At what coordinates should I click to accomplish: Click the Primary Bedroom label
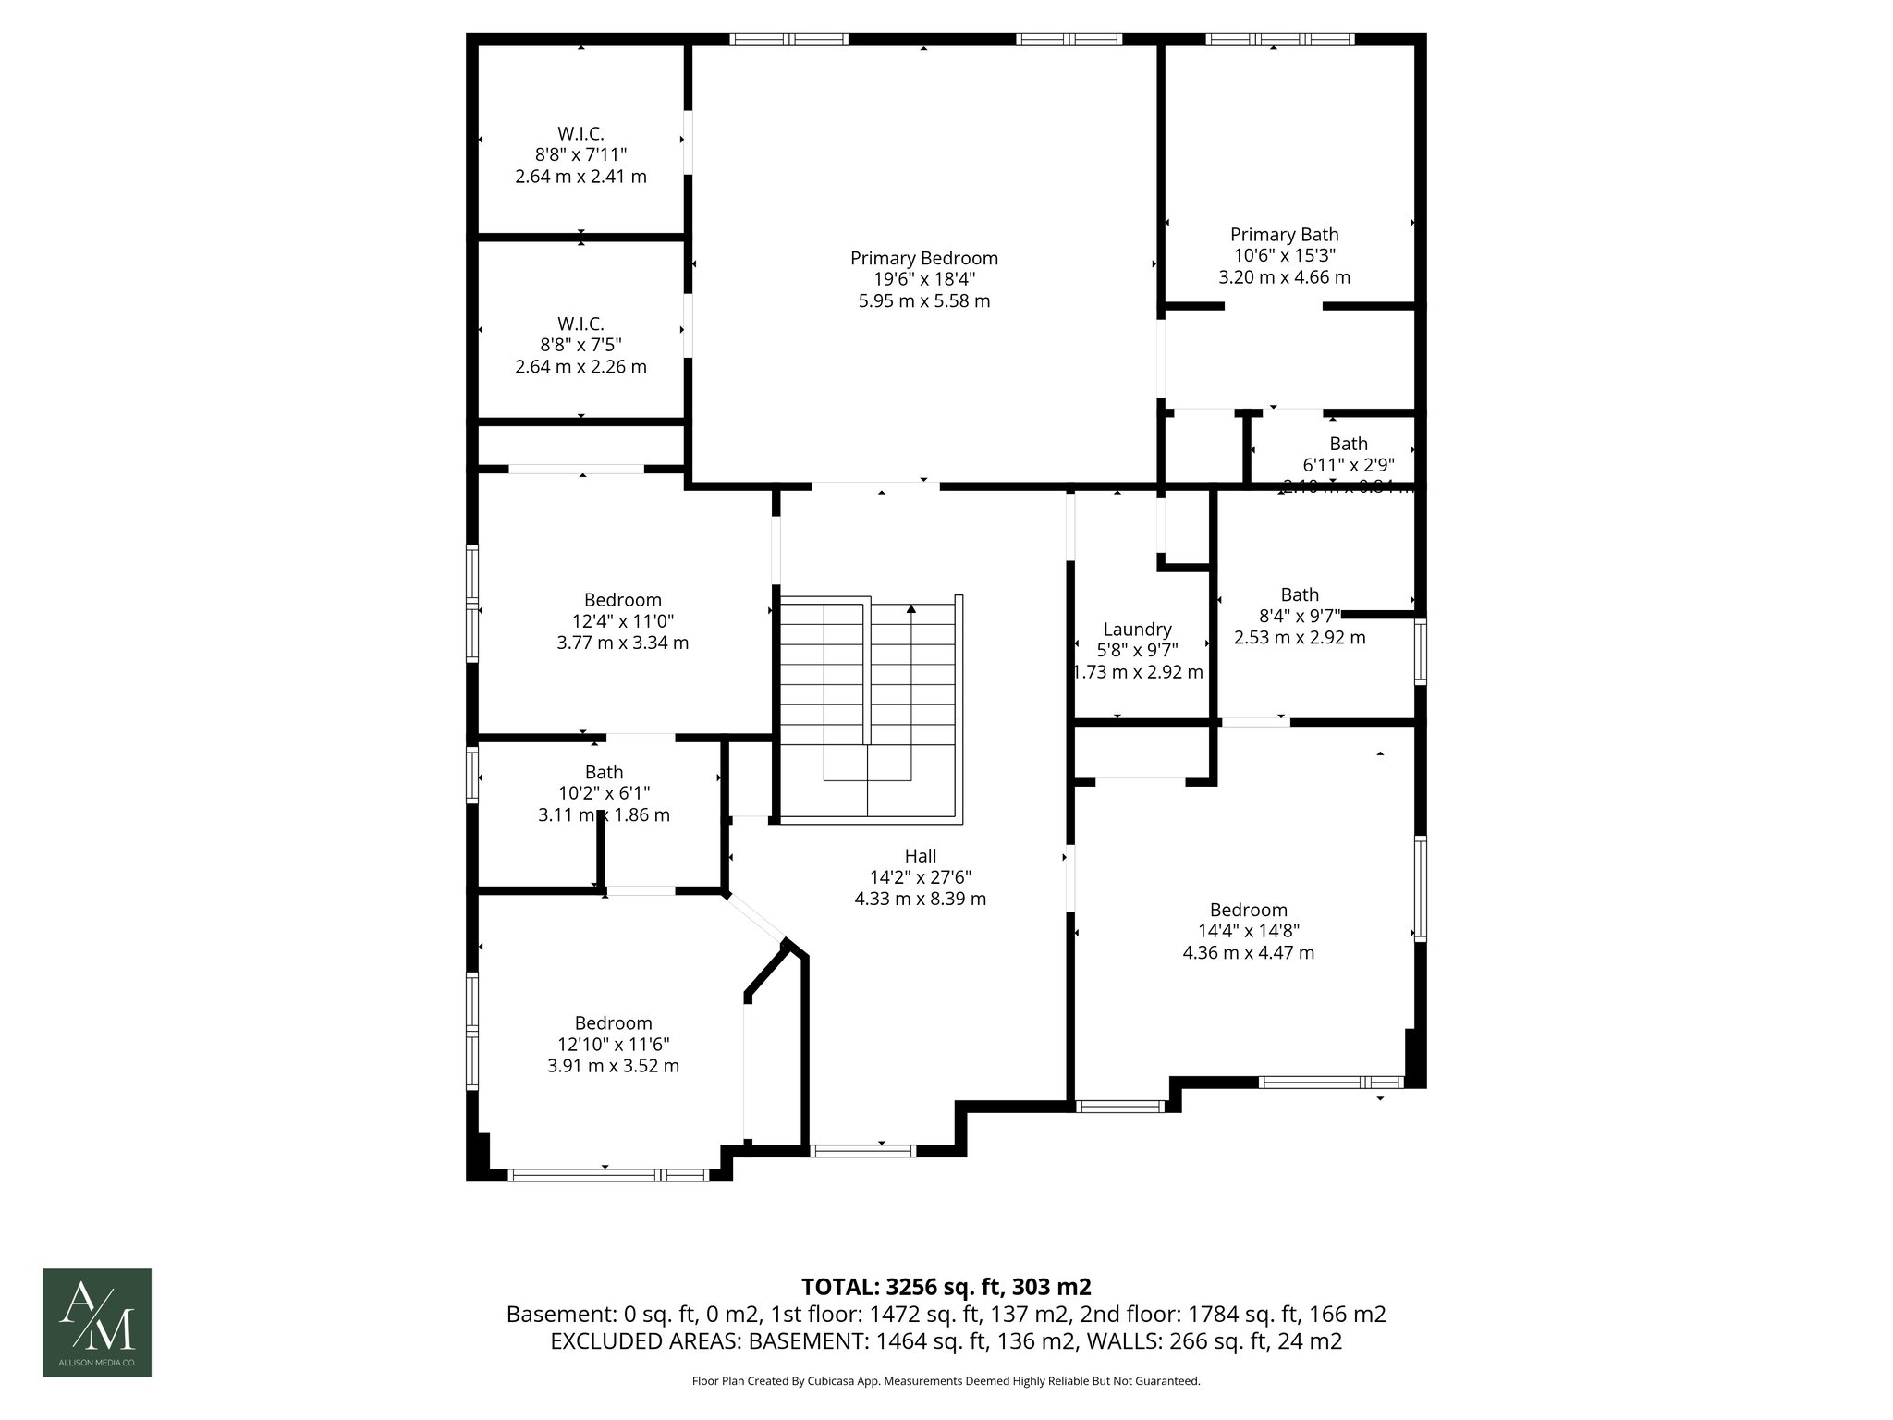coord(923,258)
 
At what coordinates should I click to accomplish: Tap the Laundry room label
coord(1137,630)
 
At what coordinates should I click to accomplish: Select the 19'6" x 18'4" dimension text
coord(923,279)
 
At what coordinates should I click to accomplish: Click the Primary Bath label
coord(1284,235)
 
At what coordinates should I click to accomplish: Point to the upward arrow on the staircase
coord(911,609)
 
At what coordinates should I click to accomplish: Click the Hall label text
coord(920,856)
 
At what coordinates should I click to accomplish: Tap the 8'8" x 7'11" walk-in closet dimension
coord(580,154)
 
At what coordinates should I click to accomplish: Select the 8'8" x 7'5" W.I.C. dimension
coord(580,345)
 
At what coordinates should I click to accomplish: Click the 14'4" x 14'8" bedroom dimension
coord(1248,931)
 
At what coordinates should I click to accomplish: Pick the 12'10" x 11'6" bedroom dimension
coord(613,1045)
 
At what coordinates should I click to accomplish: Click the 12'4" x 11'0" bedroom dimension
coord(622,621)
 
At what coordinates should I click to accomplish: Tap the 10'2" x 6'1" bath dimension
coord(604,793)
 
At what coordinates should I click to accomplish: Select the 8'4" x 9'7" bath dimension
coord(1300,616)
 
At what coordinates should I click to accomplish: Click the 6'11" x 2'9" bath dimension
coord(1348,465)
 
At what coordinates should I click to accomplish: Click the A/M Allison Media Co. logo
coord(97,1323)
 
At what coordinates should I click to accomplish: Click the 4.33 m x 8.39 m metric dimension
coord(920,899)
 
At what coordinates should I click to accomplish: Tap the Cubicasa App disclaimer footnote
coord(946,1381)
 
